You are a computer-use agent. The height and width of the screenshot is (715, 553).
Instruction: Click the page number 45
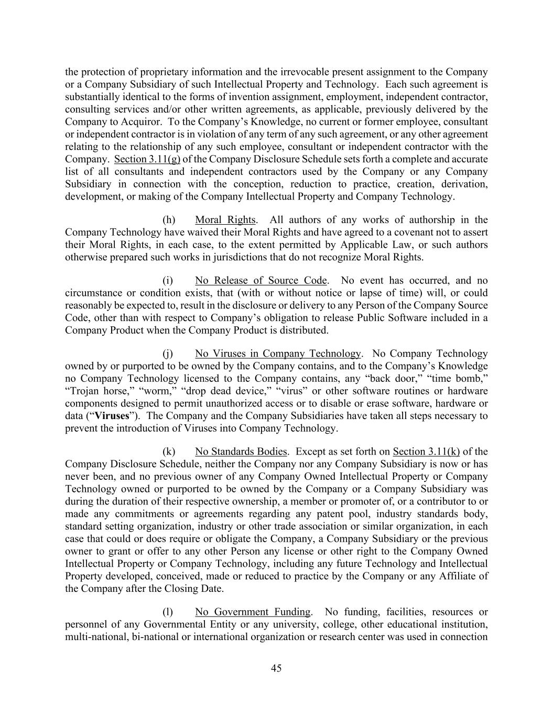[x=276, y=668]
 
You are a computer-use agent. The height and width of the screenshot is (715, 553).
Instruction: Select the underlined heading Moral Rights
[x=225, y=220]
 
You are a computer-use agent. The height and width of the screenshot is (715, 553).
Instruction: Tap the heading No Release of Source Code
[x=261, y=281]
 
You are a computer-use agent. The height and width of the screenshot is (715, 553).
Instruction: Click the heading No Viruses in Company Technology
[x=278, y=354]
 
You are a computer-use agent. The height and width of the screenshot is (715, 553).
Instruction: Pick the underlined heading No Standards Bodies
[x=241, y=452]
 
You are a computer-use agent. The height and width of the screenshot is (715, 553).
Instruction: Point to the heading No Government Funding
[x=253, y=612]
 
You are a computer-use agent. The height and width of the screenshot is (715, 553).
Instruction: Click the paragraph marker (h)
[x=169, y=220]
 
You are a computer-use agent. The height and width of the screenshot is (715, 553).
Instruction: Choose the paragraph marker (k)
[x=169, y=452]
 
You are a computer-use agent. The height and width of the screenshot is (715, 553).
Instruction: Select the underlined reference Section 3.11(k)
[x=426, y=452]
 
